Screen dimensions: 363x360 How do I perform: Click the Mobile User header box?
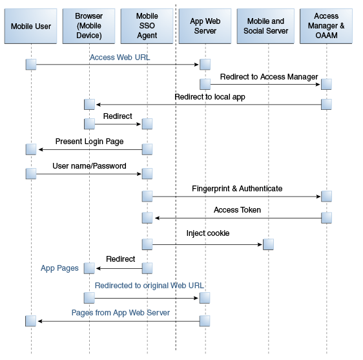click(30, 26)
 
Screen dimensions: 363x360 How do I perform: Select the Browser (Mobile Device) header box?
click(88, 26)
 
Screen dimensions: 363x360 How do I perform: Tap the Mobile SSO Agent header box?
click(147, 26)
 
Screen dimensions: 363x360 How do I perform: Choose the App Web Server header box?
click(205, 26)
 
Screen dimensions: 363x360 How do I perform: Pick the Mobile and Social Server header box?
click(265, 26)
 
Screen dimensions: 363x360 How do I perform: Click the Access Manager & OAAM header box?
click(326, 26)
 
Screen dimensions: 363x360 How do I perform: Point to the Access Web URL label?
click(119, 58)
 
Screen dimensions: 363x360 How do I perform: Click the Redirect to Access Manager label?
click(269, 77)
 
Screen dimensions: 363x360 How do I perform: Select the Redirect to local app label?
click(210, 97)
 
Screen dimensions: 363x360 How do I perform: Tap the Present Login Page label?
click(89, 142)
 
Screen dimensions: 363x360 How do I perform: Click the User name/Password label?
click(89, 166)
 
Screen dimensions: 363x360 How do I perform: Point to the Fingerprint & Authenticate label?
click(237, 189)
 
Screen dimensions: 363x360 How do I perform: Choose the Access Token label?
click(237, 210)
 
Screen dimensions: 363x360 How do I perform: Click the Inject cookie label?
click(208, 233)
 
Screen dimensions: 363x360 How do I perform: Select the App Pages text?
click(59, 268)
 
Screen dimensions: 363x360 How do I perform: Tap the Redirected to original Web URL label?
click(149, 286)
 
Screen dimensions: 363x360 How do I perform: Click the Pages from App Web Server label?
click(121, 313)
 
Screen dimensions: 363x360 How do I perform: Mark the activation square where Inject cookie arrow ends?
click(268, 244)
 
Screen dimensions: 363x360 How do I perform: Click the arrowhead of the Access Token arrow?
click(157, 218)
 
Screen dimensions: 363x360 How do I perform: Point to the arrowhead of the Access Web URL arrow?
click(196, 65)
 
